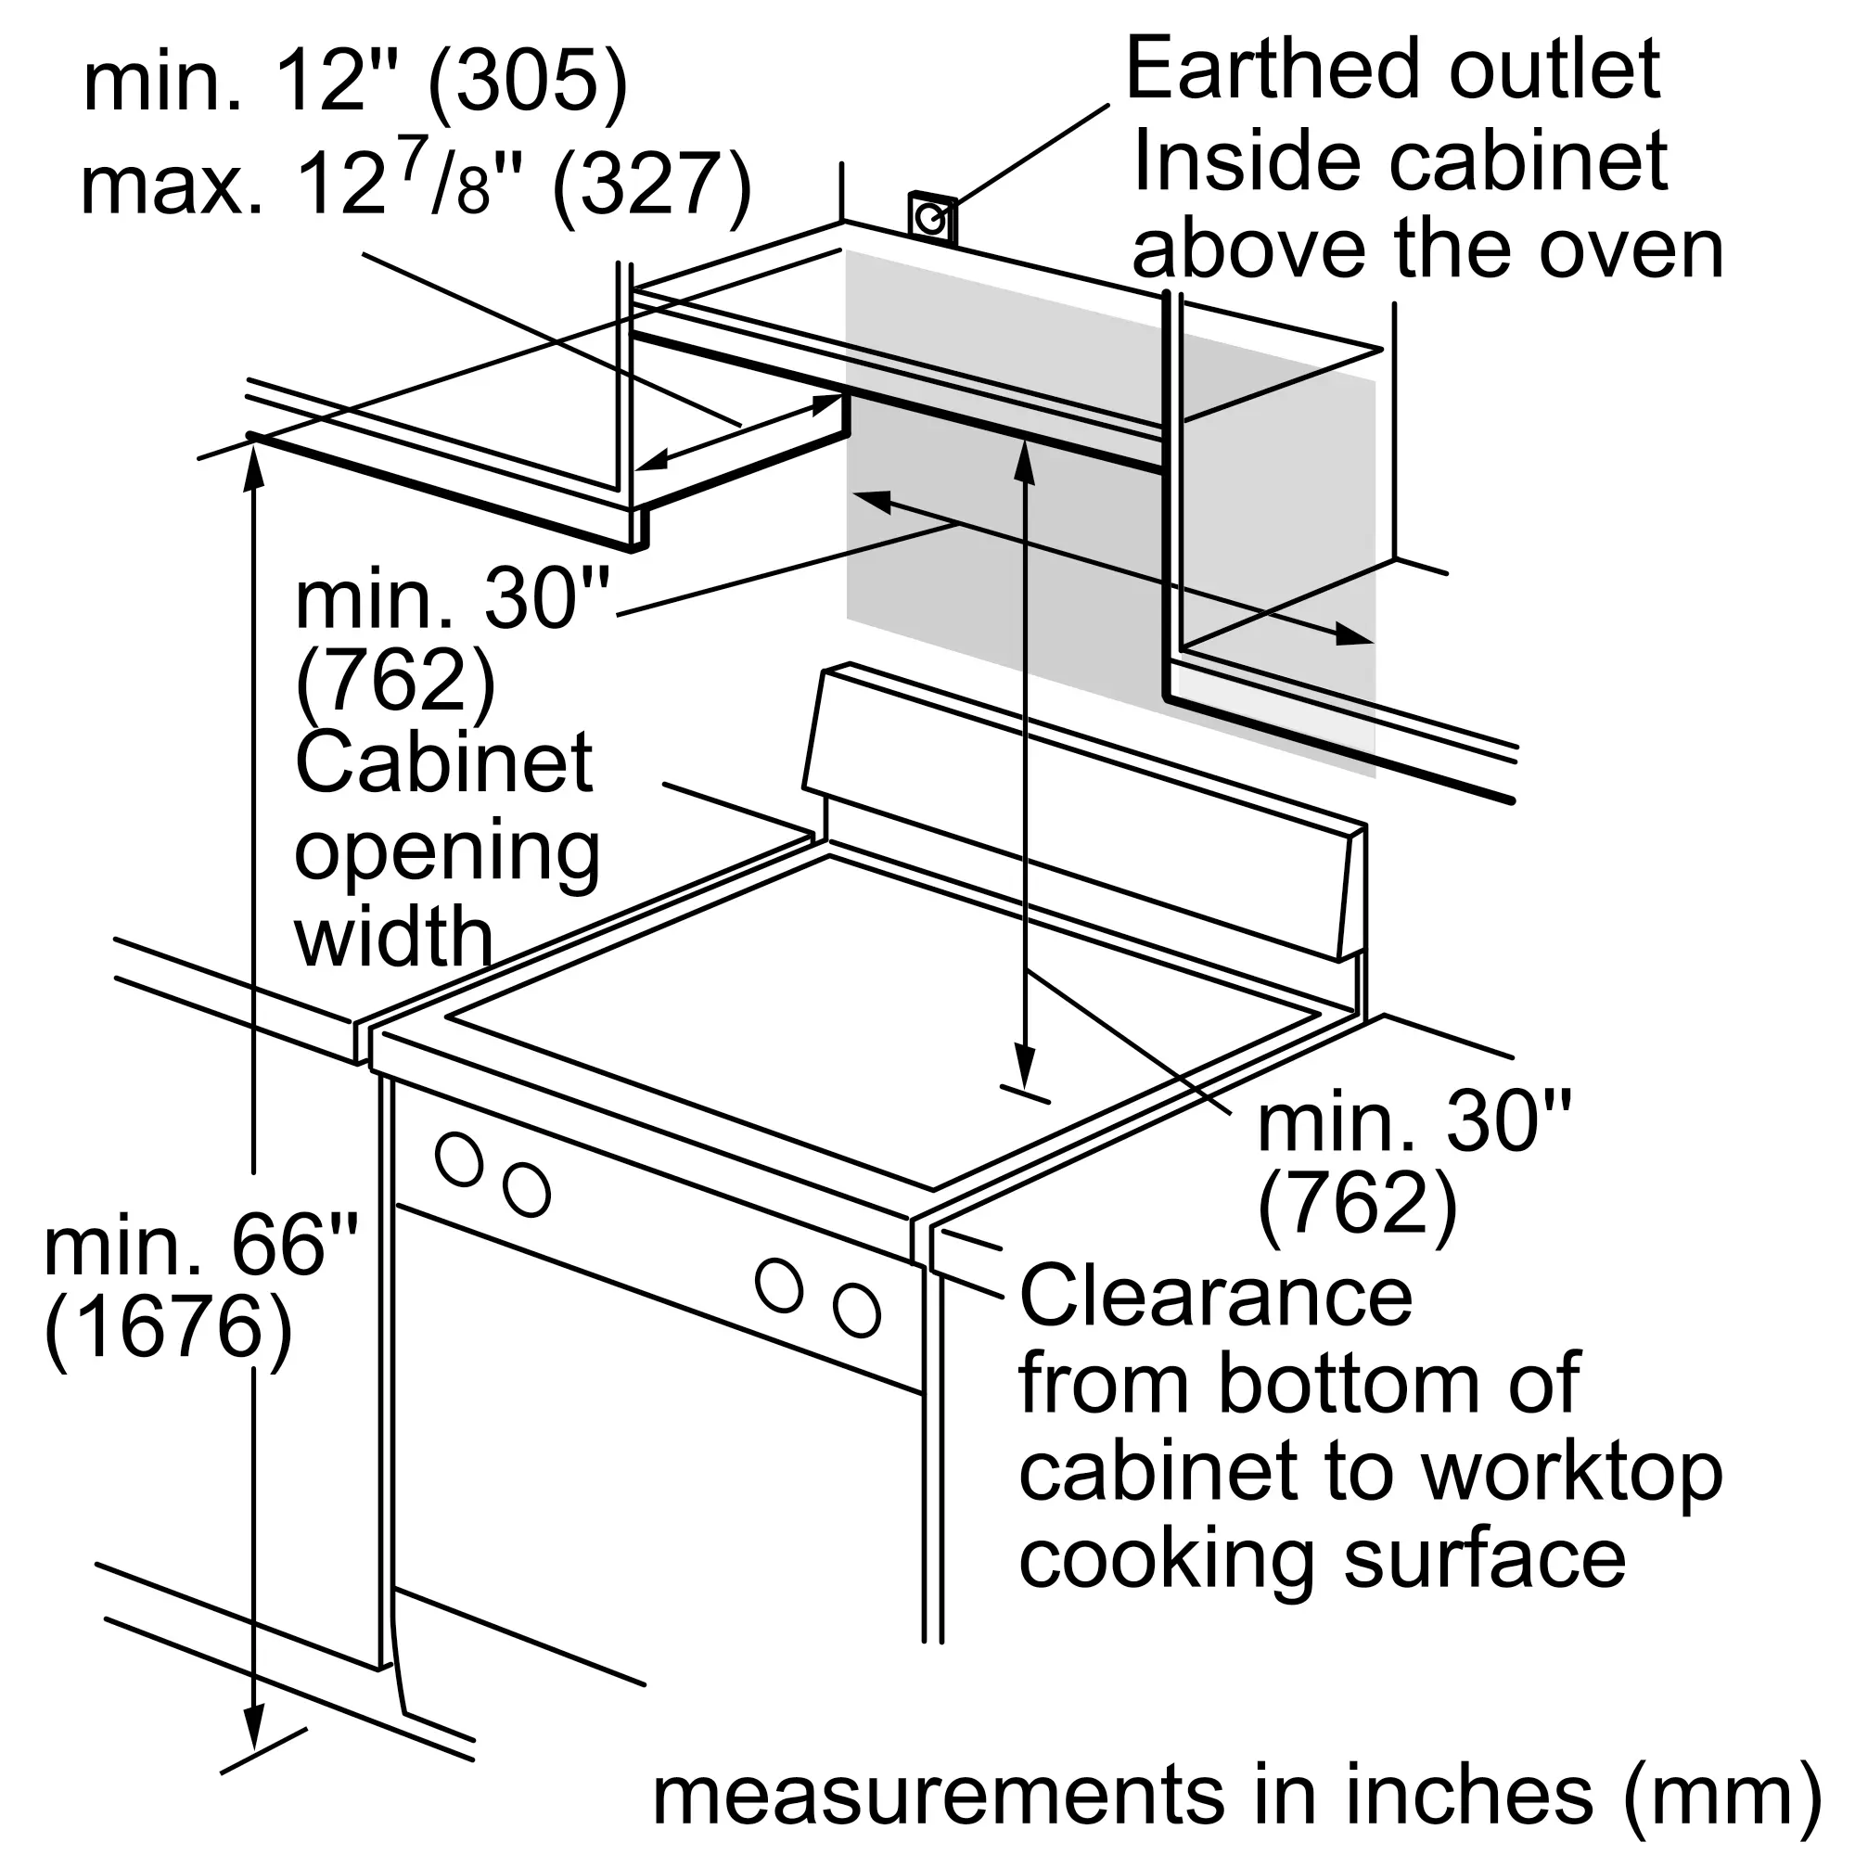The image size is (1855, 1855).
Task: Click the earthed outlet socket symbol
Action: [x=932, y=219]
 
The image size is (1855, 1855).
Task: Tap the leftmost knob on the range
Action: [x=459, y=1158]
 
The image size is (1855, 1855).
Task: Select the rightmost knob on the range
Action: [x=856, y=1310]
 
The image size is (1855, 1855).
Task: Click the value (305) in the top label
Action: [x=527, y=84]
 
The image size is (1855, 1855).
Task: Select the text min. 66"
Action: [x=200, y=1244]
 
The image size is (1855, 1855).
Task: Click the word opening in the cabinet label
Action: [x=447, y=853]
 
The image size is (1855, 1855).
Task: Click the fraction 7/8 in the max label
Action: [x=444, y=180]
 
